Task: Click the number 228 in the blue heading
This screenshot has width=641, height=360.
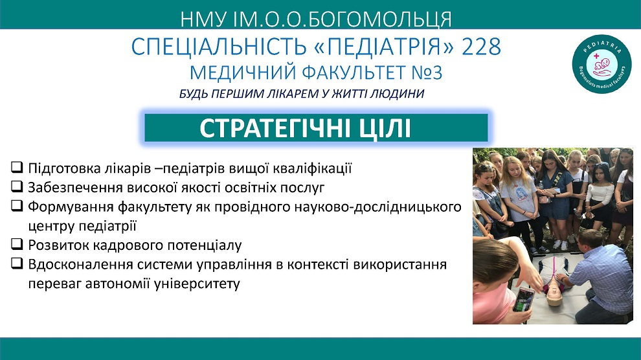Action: click(481, 47)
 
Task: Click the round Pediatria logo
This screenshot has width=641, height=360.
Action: click(602, 64)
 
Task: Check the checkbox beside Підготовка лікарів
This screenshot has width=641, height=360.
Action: click(17, 166)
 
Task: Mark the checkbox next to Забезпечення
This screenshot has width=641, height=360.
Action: click(17, 186)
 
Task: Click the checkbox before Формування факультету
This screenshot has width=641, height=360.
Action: click(17, 205)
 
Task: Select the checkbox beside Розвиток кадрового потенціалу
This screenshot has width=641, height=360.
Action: click(17, 243)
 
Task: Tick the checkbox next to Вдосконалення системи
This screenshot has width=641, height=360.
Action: click(17, 263)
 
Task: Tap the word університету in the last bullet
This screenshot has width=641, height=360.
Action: click(197, 284)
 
